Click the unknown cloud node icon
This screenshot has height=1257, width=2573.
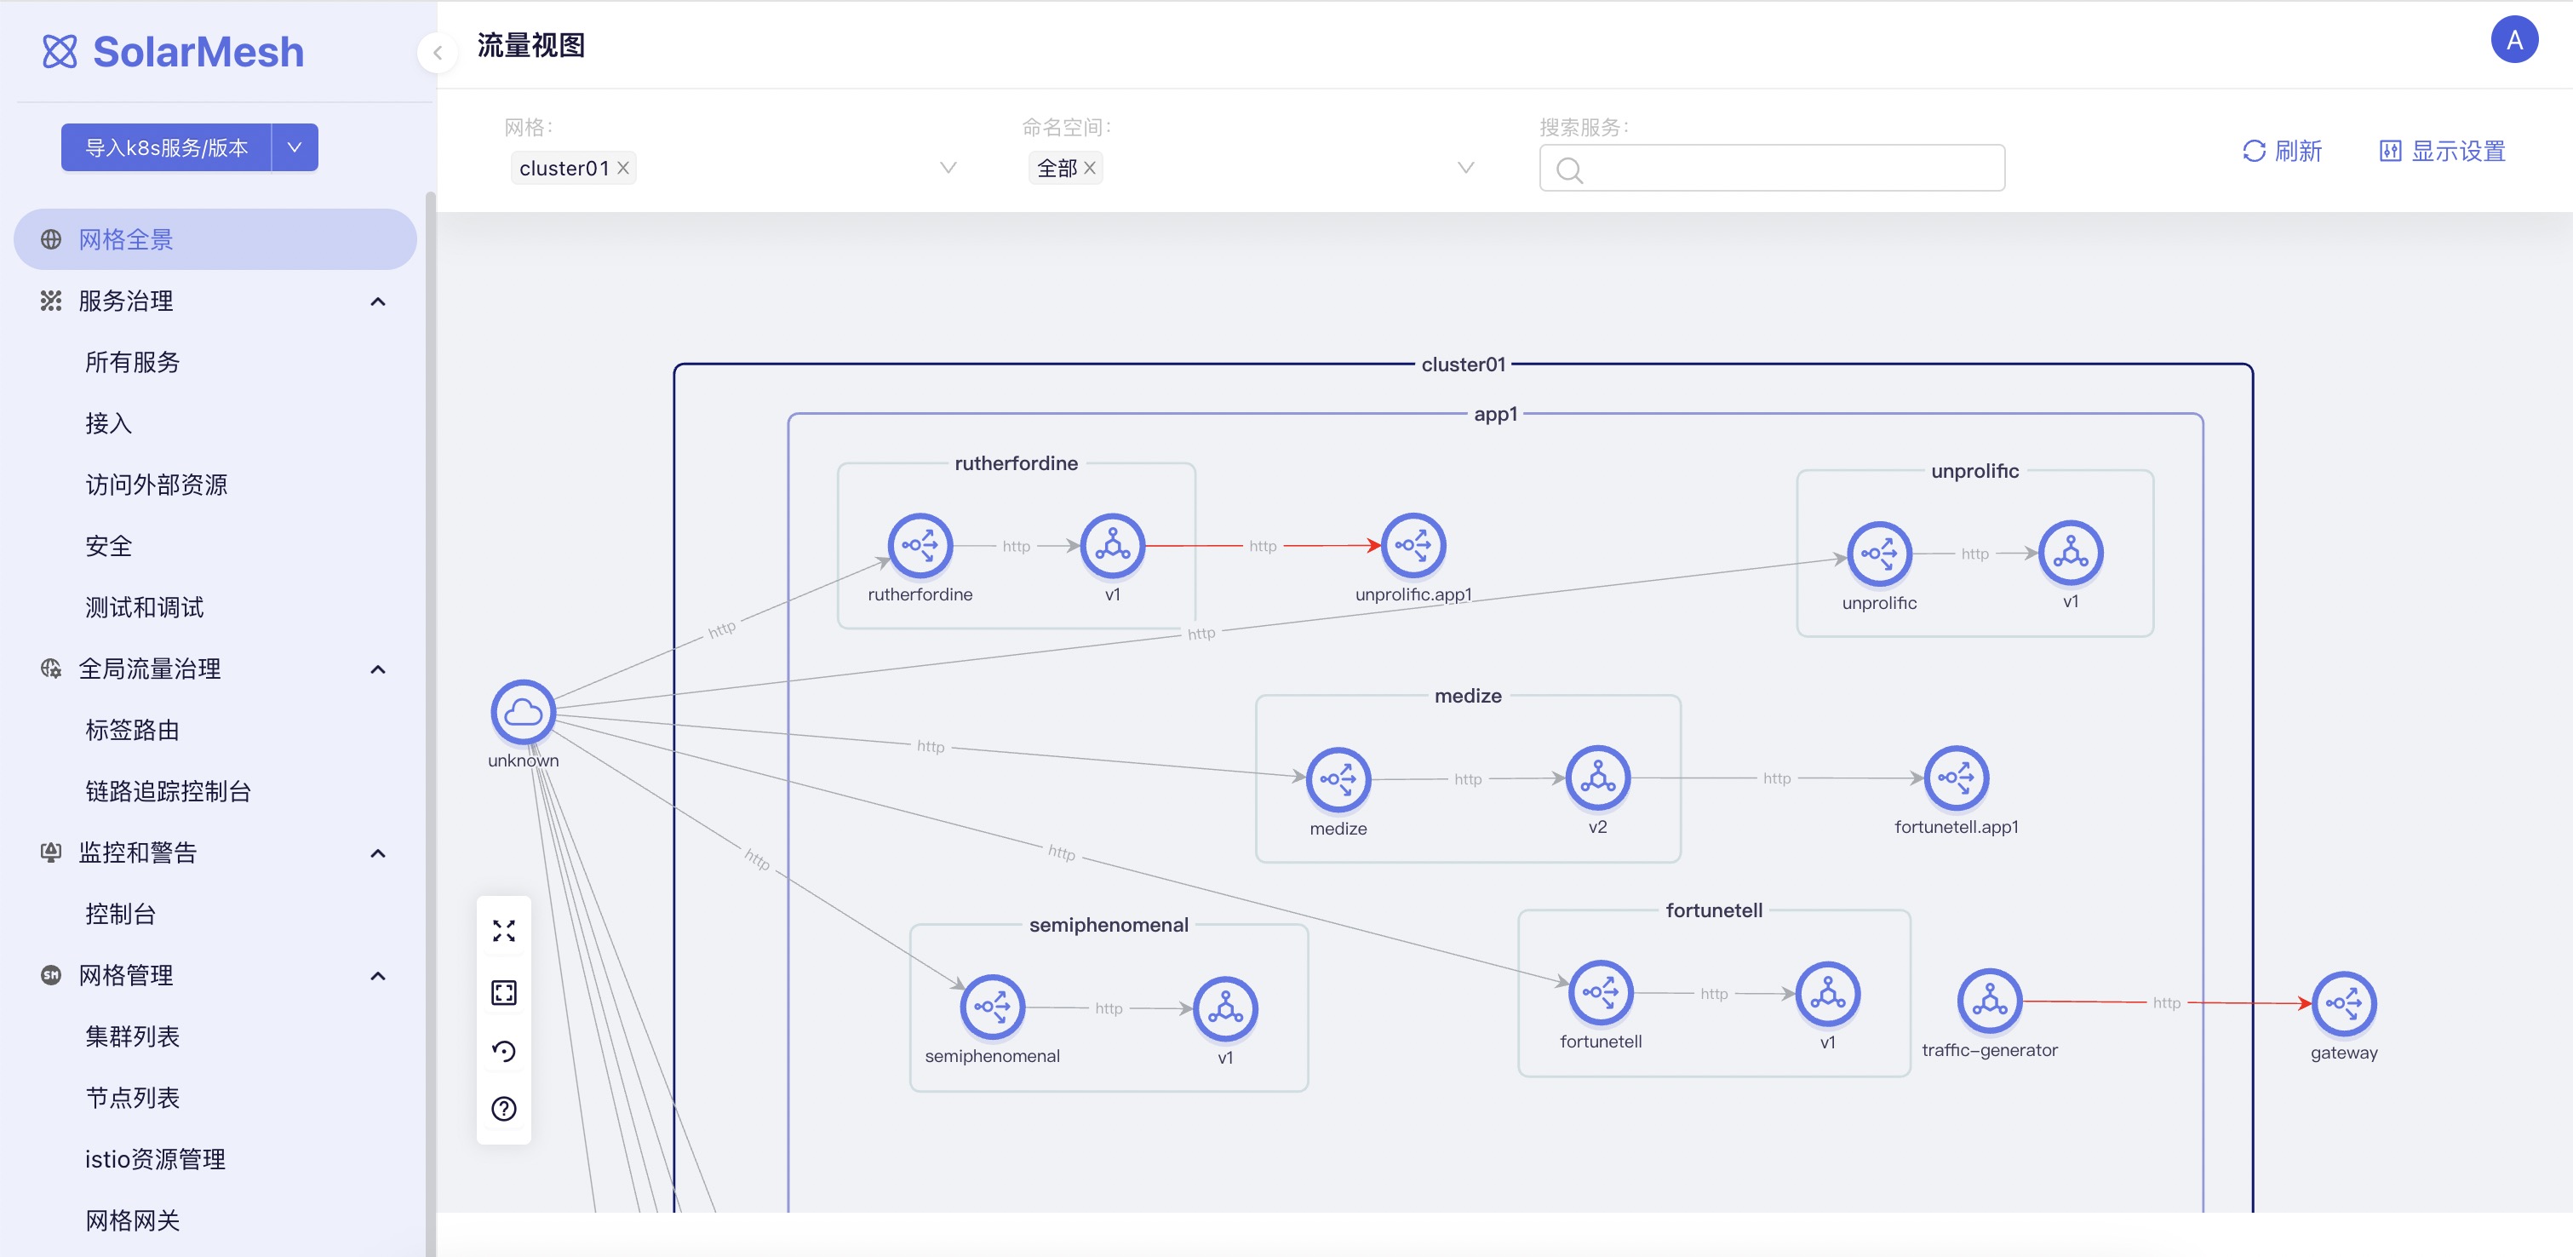pos(523,713)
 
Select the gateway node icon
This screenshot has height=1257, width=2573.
pos(2343,1003)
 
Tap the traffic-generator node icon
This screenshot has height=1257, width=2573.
pos(1989,1000)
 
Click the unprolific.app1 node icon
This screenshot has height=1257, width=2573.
pos(1413,546)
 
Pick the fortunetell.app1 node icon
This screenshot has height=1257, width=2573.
pos(1956,778)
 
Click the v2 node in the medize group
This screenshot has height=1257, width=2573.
pos(1597,778)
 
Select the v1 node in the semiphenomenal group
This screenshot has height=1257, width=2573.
pos(1224,1008)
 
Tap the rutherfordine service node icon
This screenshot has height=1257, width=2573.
pos(919,546)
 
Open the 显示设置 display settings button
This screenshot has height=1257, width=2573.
pos(2442,151)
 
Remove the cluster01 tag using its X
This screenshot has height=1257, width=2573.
pos(623,168)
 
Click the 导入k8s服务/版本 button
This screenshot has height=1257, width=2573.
pos(167,148)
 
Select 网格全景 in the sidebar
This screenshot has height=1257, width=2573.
pos(126,240)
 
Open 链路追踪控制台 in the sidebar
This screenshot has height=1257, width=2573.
pos(168,791)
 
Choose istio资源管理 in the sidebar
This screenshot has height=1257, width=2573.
pos(155,1159)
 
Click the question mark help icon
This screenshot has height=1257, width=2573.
pos(503,1108)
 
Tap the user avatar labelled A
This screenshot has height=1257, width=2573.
pos(2513,40)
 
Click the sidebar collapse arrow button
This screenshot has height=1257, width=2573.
pos(438,53)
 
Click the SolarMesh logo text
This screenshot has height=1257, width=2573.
pos(198,52)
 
